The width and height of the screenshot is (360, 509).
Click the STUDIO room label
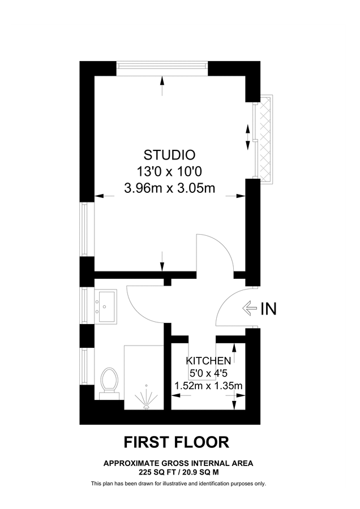pos(169,154)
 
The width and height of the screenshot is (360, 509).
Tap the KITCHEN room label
pos(208,361)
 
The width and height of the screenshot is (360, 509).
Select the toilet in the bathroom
pos(108,382)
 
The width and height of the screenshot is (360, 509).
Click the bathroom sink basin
pos(105,305)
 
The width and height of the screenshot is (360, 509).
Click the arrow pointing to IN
pos(250,309)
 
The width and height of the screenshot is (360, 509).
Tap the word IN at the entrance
pos(269,309)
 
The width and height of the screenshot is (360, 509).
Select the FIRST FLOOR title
pos(177,441)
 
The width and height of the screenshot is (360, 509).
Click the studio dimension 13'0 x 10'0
pos(169,171)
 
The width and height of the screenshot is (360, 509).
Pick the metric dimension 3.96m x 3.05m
pos(169,188)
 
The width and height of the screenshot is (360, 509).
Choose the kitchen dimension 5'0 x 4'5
pos(208,374)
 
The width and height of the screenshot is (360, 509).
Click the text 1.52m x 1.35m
pos(208,386)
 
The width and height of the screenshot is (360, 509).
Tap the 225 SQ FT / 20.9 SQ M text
pos(178,471)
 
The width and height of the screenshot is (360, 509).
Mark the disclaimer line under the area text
pos(178,484)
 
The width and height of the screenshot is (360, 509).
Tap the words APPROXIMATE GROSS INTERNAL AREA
pos(178,463)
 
